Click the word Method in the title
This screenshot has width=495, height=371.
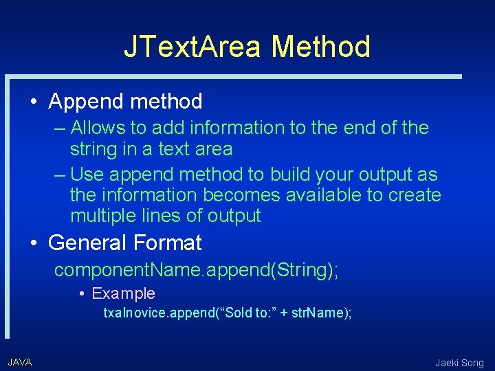coord(320,47)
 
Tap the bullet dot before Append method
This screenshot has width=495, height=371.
coord(33,102)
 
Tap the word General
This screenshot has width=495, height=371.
coord(88,243)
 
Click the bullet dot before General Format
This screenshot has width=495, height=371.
coord(33,243)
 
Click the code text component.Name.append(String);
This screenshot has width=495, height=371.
coord(196,270)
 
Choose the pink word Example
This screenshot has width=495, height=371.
coord(123,293)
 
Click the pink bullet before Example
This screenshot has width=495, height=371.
coord(82,294)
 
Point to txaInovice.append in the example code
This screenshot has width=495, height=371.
coord(155,313)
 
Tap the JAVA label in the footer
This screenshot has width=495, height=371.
coord(20,362)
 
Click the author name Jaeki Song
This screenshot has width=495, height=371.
coord(459,363)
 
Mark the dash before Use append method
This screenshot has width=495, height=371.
coord(60,175)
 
